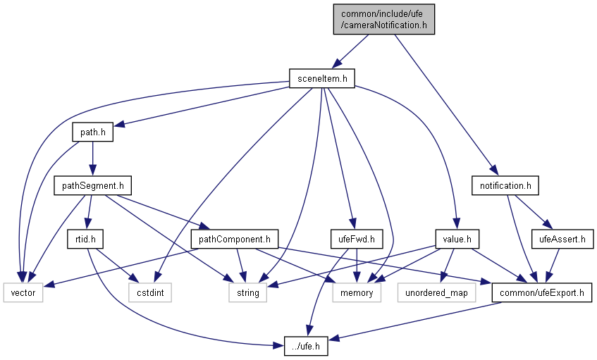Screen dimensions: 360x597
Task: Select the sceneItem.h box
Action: (321, 78)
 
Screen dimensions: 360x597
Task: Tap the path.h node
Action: (92, 132)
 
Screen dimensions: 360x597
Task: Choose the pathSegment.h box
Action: (92, 186)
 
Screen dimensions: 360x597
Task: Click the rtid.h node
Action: (85, 239)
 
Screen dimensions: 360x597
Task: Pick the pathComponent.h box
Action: (235, 239)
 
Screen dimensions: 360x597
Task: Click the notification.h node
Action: (505, 186)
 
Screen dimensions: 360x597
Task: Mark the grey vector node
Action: (23, 292)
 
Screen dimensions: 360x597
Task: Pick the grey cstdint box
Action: (149, 292)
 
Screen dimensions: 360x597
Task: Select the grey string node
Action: (247, 292)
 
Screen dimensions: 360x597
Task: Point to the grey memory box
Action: (357, 292)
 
